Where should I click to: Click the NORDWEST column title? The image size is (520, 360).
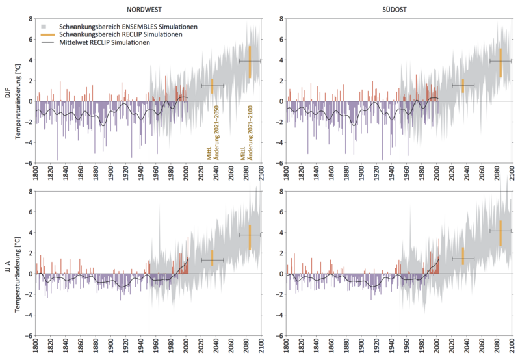[x=149, y=7]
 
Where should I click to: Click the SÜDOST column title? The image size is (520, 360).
[x=399, y=7]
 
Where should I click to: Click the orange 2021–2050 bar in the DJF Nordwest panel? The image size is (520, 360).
[x=212, y=86]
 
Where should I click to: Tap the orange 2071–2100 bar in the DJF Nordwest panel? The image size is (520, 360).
[x=250, y=62]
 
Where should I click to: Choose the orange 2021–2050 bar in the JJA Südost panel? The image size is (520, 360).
[x=463, y=255]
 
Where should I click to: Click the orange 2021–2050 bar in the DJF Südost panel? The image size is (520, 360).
[x=463, y=86]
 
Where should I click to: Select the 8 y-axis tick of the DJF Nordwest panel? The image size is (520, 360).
[x=29, y=19]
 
